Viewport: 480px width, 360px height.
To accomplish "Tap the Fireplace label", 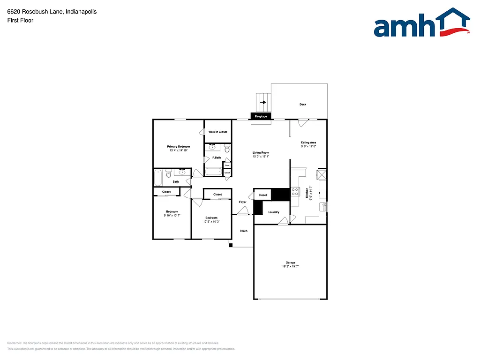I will click(x=261, y=116).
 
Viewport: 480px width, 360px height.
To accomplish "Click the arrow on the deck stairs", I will click(x=263, y=102).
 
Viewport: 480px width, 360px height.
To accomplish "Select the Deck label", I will click(x=303, y=105).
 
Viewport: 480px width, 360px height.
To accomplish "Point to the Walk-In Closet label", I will click(x=218, y=132).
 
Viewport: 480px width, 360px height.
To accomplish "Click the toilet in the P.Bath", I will click(x=227, y=149).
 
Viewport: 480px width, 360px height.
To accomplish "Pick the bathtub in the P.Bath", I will click(x=213, y=172).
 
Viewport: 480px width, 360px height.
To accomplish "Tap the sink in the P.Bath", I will click(x=212, y=147).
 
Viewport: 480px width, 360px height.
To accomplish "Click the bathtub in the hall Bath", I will click(x=158, y=177).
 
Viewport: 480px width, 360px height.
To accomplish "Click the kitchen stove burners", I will click(x=295, y=191).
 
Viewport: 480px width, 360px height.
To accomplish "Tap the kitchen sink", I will click(x=322, y=206).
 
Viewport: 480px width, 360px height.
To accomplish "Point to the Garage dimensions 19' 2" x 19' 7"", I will click(x=291, y=266).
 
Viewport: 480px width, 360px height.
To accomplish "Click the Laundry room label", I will click(x=274, y=212).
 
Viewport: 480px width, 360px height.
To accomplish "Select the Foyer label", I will click(x=243, y=202).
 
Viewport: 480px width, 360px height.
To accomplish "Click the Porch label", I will click(x=243, y=231).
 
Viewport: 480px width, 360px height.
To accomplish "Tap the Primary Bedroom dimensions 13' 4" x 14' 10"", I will click(x=179, y=150).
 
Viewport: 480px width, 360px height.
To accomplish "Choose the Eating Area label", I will click(x=308, y=142).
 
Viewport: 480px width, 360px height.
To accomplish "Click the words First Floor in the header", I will click(x=20, y=20).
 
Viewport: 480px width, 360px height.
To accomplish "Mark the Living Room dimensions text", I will click(x=261, y=157).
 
